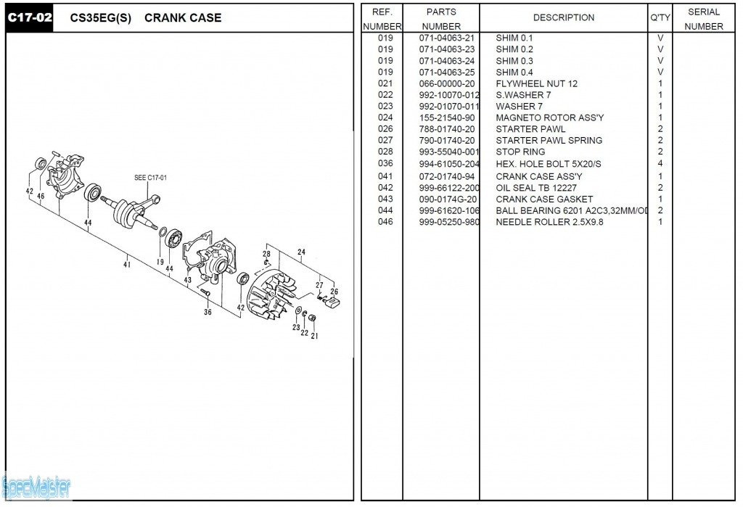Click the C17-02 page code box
29,18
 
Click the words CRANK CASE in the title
183,18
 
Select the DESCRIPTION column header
563,17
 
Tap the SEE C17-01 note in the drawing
150,178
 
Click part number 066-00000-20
446,84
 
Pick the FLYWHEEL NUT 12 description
536,84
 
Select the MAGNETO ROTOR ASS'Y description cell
550,118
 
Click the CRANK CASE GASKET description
544,199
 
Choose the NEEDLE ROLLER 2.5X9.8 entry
549,222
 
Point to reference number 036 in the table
385,163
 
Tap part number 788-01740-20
446,129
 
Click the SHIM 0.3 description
514,61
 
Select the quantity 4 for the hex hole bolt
660,163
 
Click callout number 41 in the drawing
126,265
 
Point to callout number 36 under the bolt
208,312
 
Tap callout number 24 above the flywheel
301,252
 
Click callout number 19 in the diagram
160,262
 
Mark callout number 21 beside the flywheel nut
314,336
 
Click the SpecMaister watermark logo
36,487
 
